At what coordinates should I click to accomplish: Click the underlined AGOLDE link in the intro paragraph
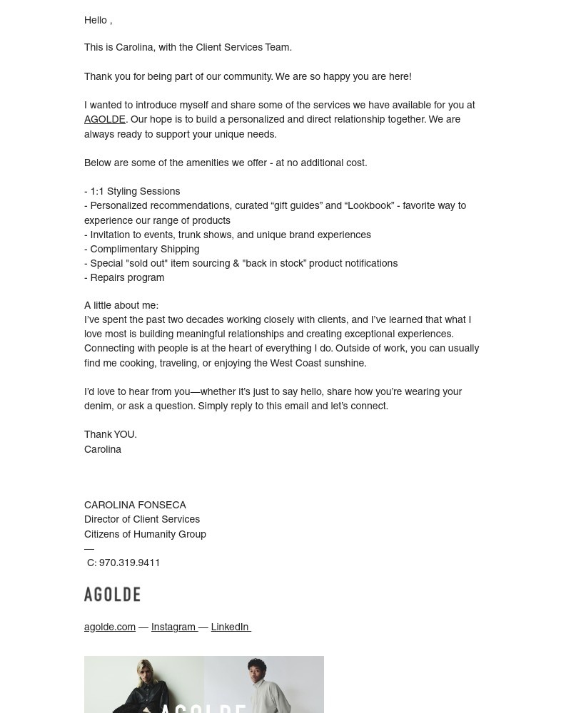pyautogui.click(x=104, y=120)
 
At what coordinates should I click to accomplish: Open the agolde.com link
pyautogui.click(x=109, y=627)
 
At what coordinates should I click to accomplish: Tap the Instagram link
pyautogui.click(x=173, y=627)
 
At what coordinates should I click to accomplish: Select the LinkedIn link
pyautogui.click(x=230, y=627)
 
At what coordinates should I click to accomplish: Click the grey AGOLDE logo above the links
pyautogui.click(x=112, y=595)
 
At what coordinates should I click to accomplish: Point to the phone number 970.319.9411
pyautogui.click(x=129, y=563)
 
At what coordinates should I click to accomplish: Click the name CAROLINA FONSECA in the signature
pyautogui.click(x=135, y=505)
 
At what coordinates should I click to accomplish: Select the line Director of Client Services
pyautogui.click(x=142, y=519)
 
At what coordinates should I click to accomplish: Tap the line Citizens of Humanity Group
pyautogui.click(x=145, y=534)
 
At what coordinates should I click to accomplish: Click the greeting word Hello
pyautogui.click(x=96, y=20)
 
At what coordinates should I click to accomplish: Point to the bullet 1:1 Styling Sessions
pyautogui.click(x=135, y=191)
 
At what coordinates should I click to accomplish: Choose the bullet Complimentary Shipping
pyautogui.click(x=144, y=249)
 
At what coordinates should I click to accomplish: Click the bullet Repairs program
pyautogui.click(x=127, y=277)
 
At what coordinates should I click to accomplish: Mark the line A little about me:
pyautogui.click(x=121, y=305)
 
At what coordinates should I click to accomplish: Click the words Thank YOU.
pyautogui.click(x=110, y=434)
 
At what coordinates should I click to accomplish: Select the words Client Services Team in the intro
pyautogui.click(x=243, y=47)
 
